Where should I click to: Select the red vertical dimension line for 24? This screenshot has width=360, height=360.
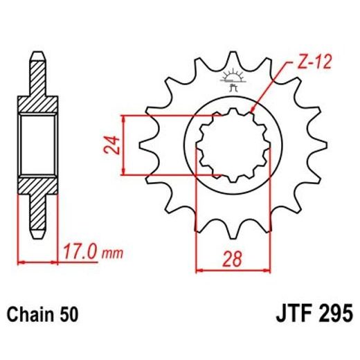(124, 145)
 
